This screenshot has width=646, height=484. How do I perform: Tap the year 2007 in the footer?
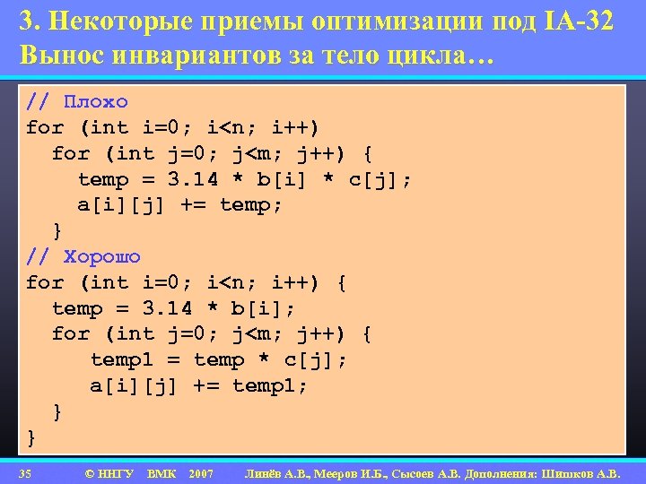tap(201, 472)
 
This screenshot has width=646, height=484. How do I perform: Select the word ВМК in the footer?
tap(161, 472)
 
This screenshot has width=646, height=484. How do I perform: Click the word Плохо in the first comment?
tap(96, 101)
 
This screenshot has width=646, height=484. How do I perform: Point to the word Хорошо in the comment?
tap(102, 256)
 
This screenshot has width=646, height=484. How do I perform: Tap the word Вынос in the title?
tap(62, 54)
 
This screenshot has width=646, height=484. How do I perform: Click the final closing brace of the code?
tap(32, 437)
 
